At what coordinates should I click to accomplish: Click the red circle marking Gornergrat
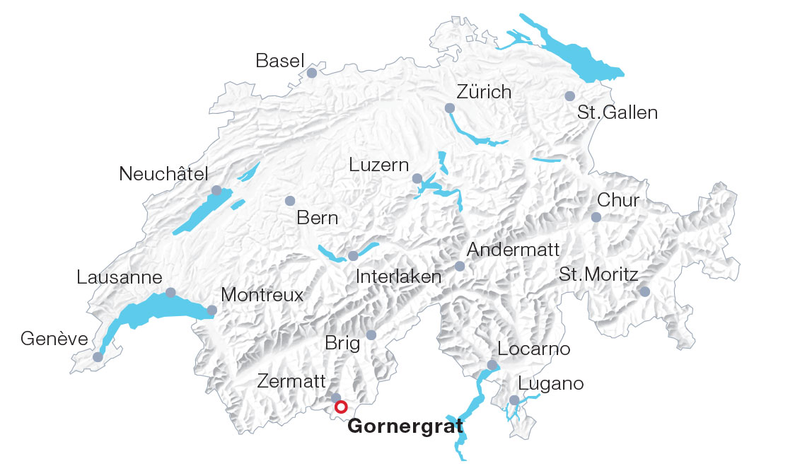coord(341,407)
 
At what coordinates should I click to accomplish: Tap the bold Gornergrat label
coord(405,426)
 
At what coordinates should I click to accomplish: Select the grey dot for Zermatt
coord(336,398)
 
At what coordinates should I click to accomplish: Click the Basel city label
coord(279,62)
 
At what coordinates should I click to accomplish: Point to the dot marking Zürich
coord(450,108)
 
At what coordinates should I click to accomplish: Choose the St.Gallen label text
coord(617,112)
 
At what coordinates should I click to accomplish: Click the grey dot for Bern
coord(289,201)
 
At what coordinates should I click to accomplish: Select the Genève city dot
coord(98,357)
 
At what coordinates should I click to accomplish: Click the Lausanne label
coord(120,278)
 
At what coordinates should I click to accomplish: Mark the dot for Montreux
coord(211,310)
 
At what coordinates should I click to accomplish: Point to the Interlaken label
coord(399,277)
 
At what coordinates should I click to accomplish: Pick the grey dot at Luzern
coord(417,178)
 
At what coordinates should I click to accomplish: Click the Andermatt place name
coord(513,250)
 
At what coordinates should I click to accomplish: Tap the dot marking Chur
coord(596,217)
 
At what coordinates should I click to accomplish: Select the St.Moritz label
coord(598,274)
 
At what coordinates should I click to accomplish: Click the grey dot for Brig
coord(371,335)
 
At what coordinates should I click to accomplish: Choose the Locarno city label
coord(533,349)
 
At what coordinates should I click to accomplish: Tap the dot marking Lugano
coord(514,400)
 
